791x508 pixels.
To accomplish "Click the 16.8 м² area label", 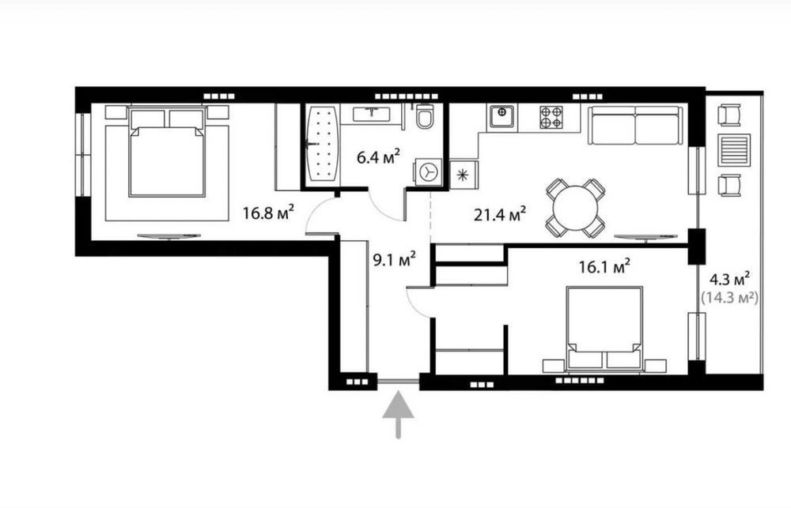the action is point(268,213).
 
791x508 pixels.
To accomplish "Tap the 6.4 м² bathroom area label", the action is point(378,156).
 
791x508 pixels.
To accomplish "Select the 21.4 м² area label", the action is point(500,215).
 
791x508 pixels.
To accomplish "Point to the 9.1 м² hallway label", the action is point(394,260).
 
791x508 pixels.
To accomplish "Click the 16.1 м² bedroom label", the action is point(604,266).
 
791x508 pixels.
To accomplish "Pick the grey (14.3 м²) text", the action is point(729,298).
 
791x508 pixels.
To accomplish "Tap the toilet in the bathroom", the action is point(425,116).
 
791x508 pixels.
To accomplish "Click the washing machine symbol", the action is point(428,172).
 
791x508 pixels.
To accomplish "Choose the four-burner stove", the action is point(551,117).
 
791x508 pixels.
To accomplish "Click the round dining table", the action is point(575,208).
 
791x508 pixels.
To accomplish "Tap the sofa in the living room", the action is point(636,125).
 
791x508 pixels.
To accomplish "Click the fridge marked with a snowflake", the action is point(464,175).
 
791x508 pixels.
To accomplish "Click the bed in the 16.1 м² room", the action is point(604,329).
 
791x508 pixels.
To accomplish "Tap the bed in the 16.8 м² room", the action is point(167,152).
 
